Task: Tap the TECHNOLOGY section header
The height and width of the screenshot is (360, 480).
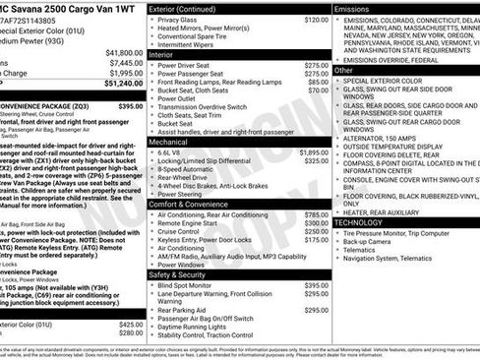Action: [x=361, y=222]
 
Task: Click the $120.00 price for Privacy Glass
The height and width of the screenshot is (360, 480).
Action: [x=316, y=20]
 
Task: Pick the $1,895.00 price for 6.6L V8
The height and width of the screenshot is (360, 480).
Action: [x=314, y=152]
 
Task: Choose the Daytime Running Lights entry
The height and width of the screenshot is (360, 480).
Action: [x=197, y=327]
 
